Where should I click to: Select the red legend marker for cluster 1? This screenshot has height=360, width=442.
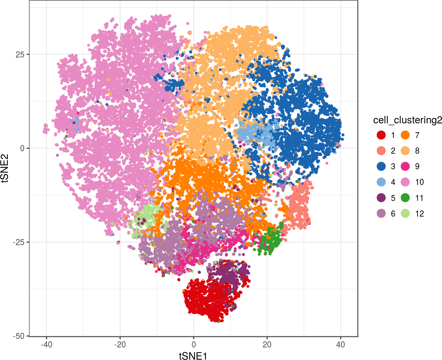pyautogui.click(x=381, y=135)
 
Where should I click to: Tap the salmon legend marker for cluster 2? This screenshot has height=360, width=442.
pyautogui.click(x=381, y=151)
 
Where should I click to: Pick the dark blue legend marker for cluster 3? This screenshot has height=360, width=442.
pyautogui.click(x=381, y=167)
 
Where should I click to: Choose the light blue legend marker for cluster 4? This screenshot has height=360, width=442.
pyautogui.click(x=381, y=182)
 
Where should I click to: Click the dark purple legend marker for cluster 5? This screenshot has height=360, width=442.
pyautogui.click(x=381, y=198)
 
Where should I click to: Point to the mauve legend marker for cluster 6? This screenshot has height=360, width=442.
pyautogui.click(x=381, y=213)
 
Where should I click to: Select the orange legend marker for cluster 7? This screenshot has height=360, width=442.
pyautogui.click(x=405, y=135)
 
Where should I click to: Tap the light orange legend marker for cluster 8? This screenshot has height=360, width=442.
pyautogui.click(x=405, y=151)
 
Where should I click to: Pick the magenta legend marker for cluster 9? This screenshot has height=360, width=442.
pyautogui.click(x=405, y=167)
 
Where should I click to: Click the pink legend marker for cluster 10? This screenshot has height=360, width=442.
pyautogui.click(x=405, y=182)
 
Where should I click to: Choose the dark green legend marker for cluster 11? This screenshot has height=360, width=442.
pyautogui.click(x=405, y=198)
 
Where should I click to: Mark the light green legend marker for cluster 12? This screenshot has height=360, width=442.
pyautogui.click(x=405, y=213)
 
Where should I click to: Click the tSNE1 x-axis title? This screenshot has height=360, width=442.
pyautogui.click(x=193, y=356)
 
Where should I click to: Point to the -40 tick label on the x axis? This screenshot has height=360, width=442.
pyautogui.click(x=46, y=345)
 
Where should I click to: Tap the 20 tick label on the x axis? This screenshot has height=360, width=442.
pyautogui.click(x=267, y=345)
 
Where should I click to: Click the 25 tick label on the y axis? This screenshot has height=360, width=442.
pyautogui.click(x=20, y=54)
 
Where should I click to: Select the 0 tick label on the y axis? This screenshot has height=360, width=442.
pyautogui.click(x=22, y=148)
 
